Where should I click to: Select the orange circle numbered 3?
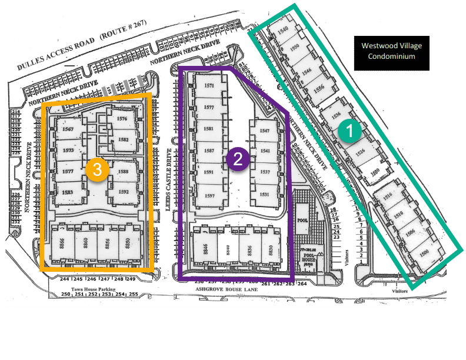pyautogui.click(x=97, y=169)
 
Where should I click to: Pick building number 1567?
pyautogui.click(x=67, y=129)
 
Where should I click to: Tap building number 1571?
pyautogui.click(x=208, y=86)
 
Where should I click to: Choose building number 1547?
pyautogui.click(x=264, y=131)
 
